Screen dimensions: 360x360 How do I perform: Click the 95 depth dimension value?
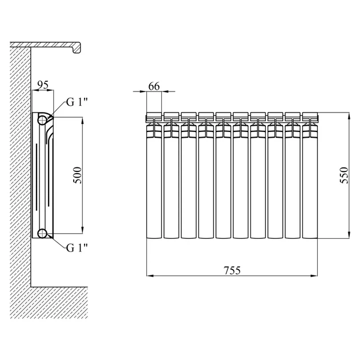pos(43,85)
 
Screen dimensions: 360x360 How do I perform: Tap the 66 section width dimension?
pos(154,86)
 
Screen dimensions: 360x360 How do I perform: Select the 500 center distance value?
pos(77,175)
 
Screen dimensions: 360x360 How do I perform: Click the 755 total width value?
pos(232,270)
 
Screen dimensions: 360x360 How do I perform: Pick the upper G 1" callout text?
pos(77,102)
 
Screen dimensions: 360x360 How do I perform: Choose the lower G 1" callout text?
pos(77,248)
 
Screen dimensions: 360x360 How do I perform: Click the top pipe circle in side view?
pos(42,119)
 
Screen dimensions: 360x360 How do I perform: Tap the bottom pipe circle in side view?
pos(42,233)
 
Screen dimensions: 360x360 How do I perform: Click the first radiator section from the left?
pos(154,175)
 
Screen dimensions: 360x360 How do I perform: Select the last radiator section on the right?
pos(310,175)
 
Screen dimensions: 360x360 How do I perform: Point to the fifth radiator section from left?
pos(223,175)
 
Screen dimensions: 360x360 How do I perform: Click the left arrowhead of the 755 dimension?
pos(150,275)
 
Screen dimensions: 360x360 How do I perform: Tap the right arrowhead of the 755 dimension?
pos(314,275)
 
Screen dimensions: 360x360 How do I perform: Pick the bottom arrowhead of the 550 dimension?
pos(349,235)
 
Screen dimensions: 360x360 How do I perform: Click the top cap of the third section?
pos(189,116)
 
